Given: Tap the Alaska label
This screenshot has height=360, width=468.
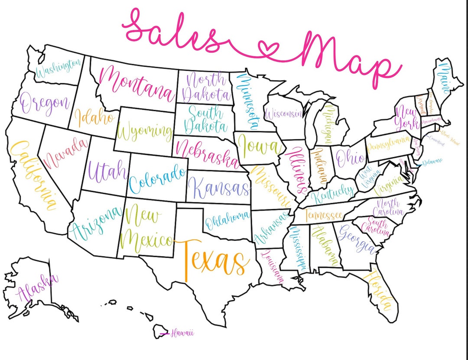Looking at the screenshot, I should click(36, 289).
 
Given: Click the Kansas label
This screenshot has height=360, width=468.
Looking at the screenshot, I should click(219, 188).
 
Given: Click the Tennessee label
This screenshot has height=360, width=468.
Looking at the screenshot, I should click(324, 214).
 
